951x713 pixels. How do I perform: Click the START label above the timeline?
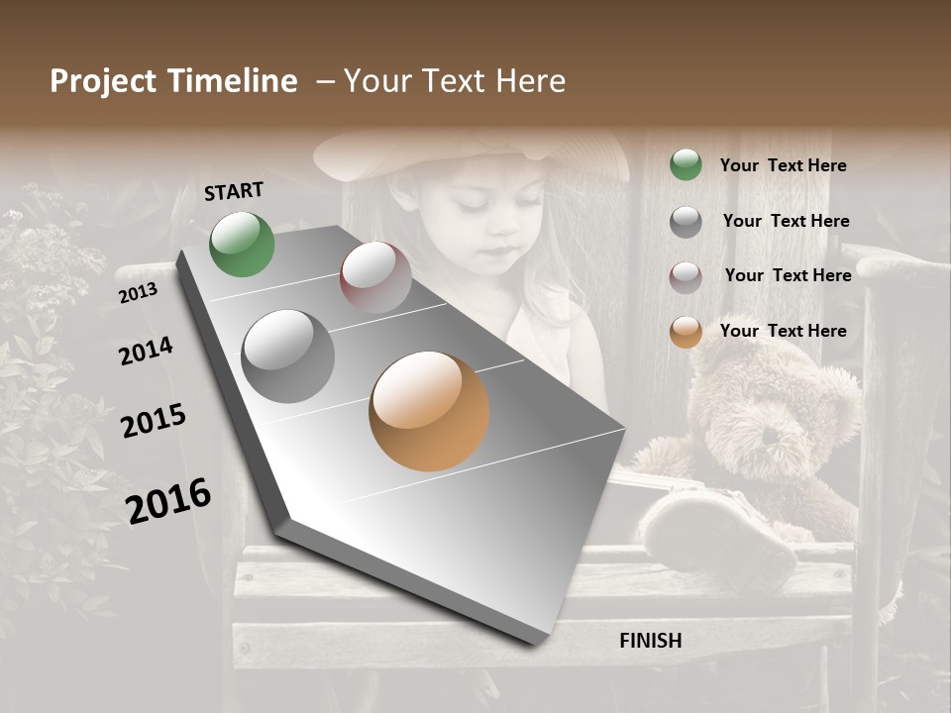(x=234, y=191)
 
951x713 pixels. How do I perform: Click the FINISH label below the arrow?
(x=651, y=641)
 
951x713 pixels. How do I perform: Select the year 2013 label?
(x=138, y=293)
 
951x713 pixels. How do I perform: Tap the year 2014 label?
(x=146, y=352)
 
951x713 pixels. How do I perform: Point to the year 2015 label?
(x=154, y=421)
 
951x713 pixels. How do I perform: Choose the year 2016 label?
(x=168, y=500)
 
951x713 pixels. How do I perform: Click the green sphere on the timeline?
(x=243, y=244)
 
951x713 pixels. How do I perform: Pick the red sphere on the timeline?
(x=375, y=277)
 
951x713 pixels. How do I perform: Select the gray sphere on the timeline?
(x=288, y=356)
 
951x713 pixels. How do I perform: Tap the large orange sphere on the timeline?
(x=429, y=411)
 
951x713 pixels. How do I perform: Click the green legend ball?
(x=686, y=165)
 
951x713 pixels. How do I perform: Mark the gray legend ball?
(x=686, y=222)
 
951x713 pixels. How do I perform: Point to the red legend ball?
(x=686, y=277)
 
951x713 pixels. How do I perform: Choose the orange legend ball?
(x=686, y=333)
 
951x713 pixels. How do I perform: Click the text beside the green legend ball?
(x=783, y=165)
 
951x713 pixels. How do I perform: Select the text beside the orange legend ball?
(x=783, y=331)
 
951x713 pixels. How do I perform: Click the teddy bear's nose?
(x=770, y=436)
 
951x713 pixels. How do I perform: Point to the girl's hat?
(x=466, y=149)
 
